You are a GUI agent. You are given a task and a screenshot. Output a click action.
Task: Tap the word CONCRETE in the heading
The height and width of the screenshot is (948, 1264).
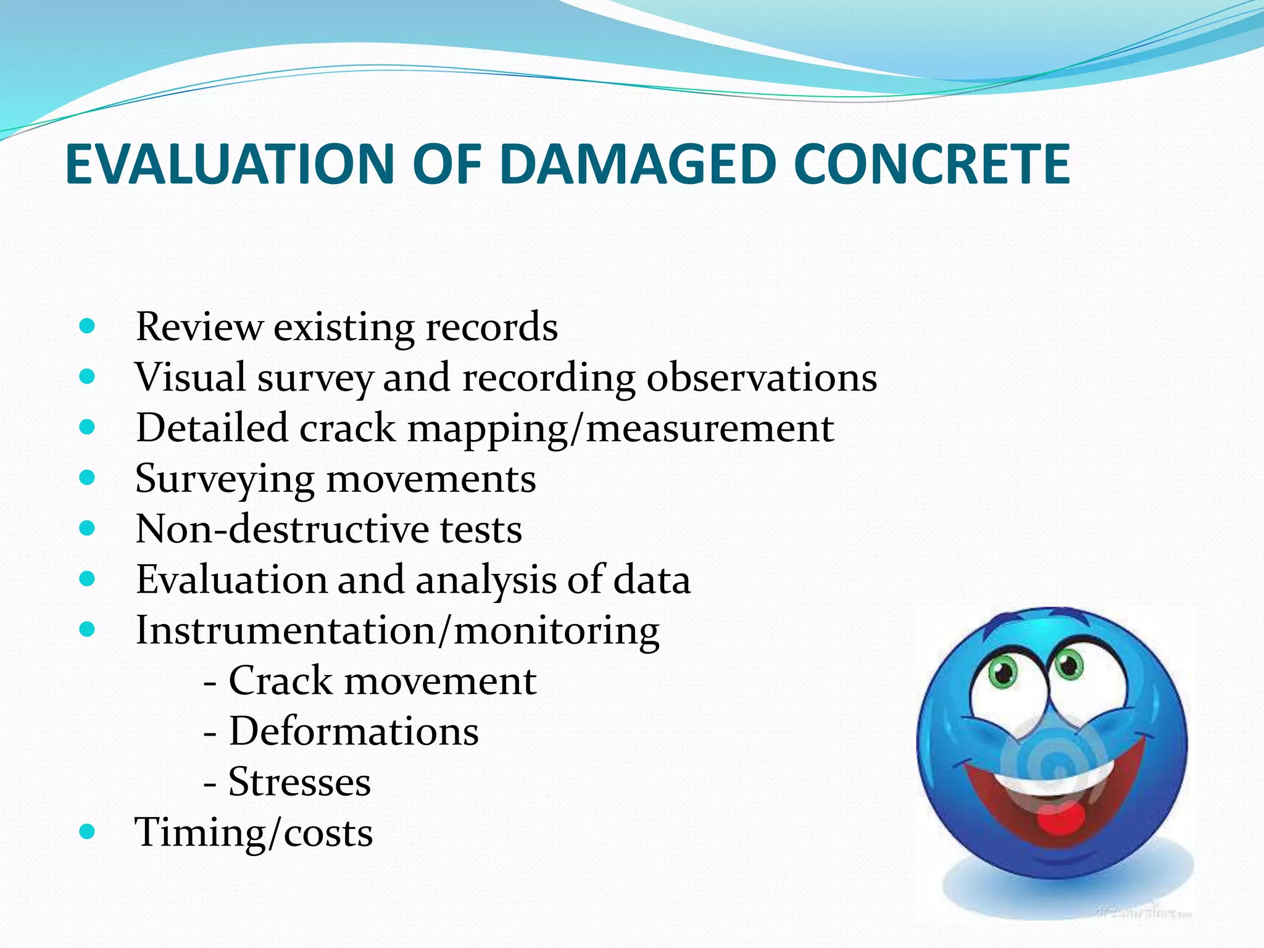pyautogui.click(x=932, y=164)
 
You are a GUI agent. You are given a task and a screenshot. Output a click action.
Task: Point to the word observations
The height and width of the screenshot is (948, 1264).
pyautogui.click(x=762, y=377)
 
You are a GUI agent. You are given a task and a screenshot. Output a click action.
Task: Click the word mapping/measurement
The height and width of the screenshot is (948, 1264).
pyautogui.click(x=620, y=428)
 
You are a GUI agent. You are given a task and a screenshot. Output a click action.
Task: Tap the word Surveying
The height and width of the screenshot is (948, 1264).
pyautogui.click(x=225, y=479)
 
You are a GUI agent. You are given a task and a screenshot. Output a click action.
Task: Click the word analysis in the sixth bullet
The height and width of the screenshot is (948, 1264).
pyautogui.click(x=486, y=580)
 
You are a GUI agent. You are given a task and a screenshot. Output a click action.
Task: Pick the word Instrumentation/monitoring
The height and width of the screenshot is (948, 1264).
pyautogui.click(x=397, y=631)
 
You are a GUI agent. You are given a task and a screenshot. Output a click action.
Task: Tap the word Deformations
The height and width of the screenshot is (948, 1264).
pyautogui.click(x=354, y=732)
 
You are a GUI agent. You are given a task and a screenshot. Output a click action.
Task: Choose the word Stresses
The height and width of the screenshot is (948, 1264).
pyautogui.click(x=299, y=783)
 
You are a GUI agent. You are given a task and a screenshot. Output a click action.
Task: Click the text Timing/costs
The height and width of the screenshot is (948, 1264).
pyautogui.click(x=254, y=833)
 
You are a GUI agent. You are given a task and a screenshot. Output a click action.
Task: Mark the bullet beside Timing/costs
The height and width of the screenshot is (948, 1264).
pyautogui.click(x=88, y=831)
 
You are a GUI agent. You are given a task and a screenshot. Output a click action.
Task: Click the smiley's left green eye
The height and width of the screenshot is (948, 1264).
pyautogui.click(x=1003, y=671)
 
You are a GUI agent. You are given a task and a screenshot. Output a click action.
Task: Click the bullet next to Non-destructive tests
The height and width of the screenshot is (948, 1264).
pyautogui.click(x=88, y=528)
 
